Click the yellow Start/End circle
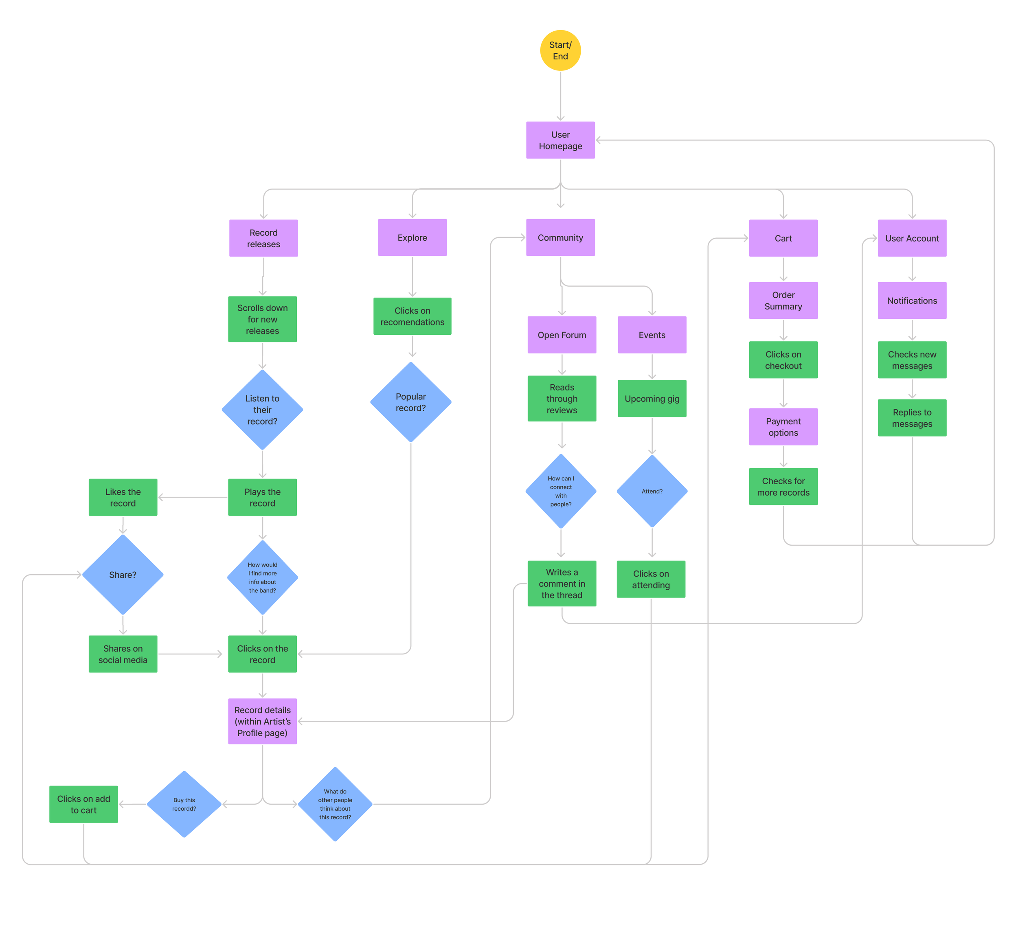tap(560, 50)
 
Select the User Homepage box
tap(560, 140)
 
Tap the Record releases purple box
tap(263, 238)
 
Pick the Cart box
tap(783, 238)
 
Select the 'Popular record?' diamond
tap(411, 402)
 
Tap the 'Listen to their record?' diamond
tap(262, 410)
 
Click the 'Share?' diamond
tap(123, 575)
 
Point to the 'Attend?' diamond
tap(652, 491)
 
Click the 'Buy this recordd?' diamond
tap(184, 804)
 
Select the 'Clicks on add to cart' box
tap(83, 804)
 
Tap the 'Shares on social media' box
tap(123, 654)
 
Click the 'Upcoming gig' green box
tap(652, 398)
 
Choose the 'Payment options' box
tap(783, 427)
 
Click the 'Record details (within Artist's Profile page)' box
tap(262, 721)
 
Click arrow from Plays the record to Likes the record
tap(193, 497)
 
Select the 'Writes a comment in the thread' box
tap(562, 584)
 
